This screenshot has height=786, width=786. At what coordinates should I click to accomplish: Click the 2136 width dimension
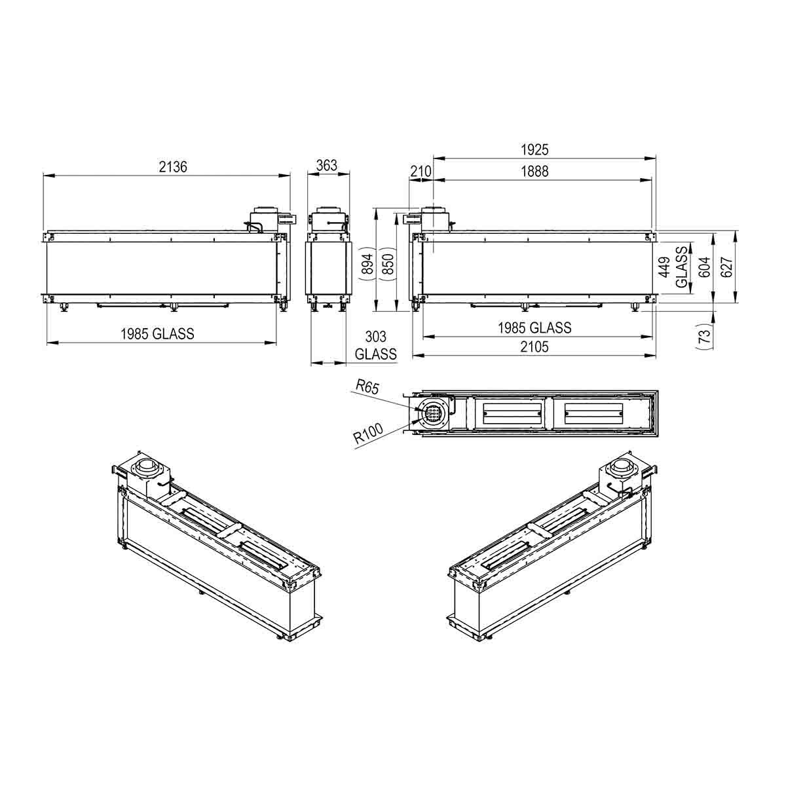click(173, 167)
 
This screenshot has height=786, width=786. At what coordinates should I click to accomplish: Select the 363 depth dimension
click(327, 165)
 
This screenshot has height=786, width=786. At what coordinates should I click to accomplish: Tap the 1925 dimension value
click(534, 150)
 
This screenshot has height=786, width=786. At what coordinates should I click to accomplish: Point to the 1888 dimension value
click(534, 172)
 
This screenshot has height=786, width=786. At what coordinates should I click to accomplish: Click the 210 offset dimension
click(421, 172)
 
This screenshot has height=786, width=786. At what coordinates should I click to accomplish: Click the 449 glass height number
click(665, 267)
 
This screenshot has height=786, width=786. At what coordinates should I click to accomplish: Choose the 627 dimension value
click(727, 267)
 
